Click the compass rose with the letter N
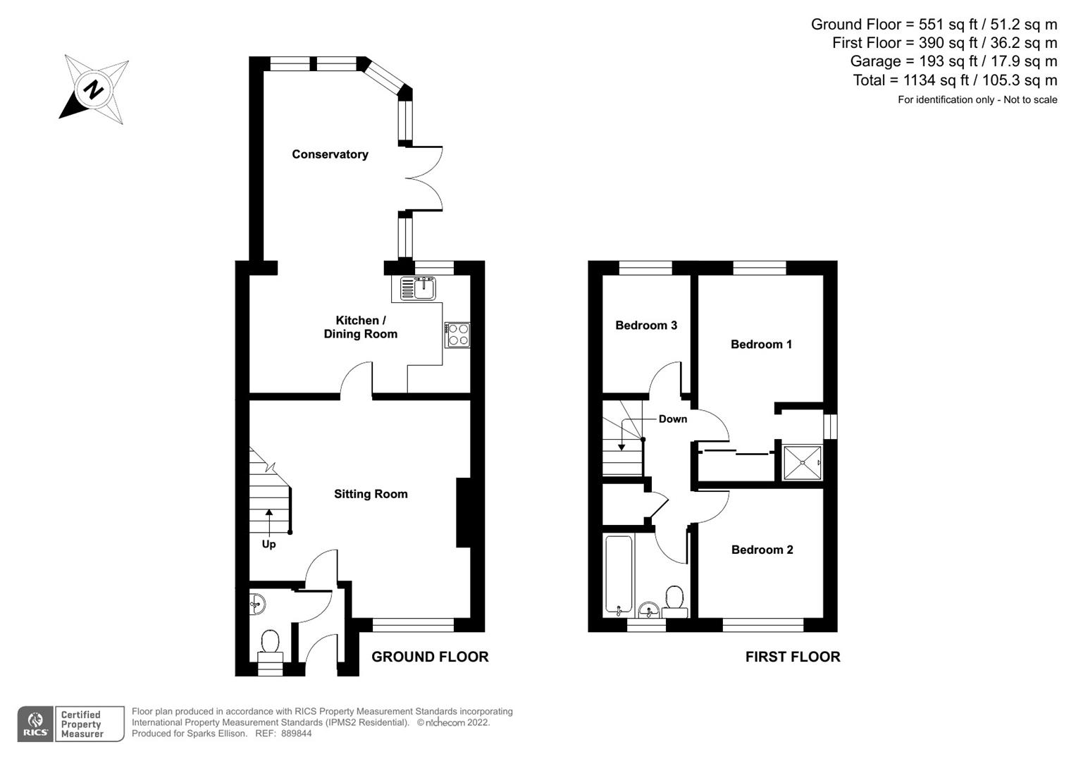94,89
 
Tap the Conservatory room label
330,154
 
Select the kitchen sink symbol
418,287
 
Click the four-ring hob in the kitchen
457,334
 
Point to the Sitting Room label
371,494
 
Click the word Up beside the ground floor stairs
268,544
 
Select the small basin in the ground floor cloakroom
258,603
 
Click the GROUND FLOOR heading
430,657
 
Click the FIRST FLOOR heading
793,657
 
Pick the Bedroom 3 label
646,325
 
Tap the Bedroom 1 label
761,344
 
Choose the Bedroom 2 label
762,550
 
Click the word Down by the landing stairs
672,419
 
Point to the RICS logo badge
35,724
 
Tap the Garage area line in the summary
953,61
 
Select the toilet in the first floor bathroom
675,600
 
